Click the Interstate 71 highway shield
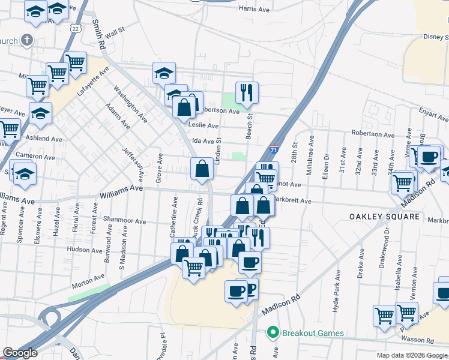click(274, 150)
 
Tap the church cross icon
click(26, 41)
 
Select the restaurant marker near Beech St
click(247, 93)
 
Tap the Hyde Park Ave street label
click(336, 290)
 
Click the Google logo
click(20, 353)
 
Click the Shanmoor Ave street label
click(125, 221)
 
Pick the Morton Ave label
click(89, 277)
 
